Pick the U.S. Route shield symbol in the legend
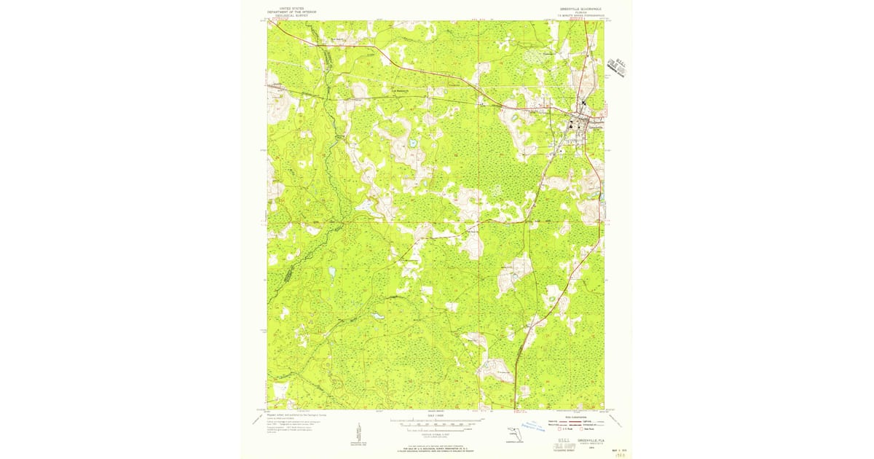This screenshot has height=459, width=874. tap(560, 430)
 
